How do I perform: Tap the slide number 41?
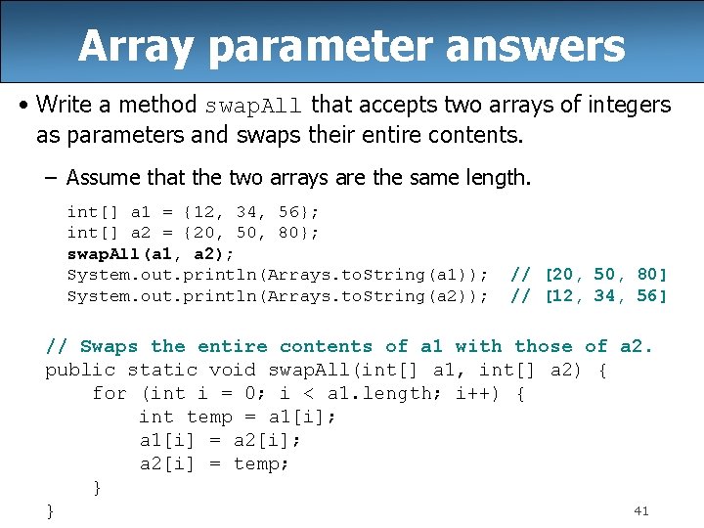coord(641,510)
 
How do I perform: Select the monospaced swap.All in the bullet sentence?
coord(253,106)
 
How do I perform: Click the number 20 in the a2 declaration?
coord(197,233)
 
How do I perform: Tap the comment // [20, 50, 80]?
coord(590,275)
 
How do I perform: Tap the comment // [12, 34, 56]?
coord(590,296)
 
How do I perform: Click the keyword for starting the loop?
coord(109,393)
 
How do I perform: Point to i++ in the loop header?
coord(480,393)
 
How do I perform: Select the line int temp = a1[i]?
coord(238,417)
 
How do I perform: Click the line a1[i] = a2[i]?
coord(220,440)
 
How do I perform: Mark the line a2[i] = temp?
coord(214,463)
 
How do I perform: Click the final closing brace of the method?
coord(50,510)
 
